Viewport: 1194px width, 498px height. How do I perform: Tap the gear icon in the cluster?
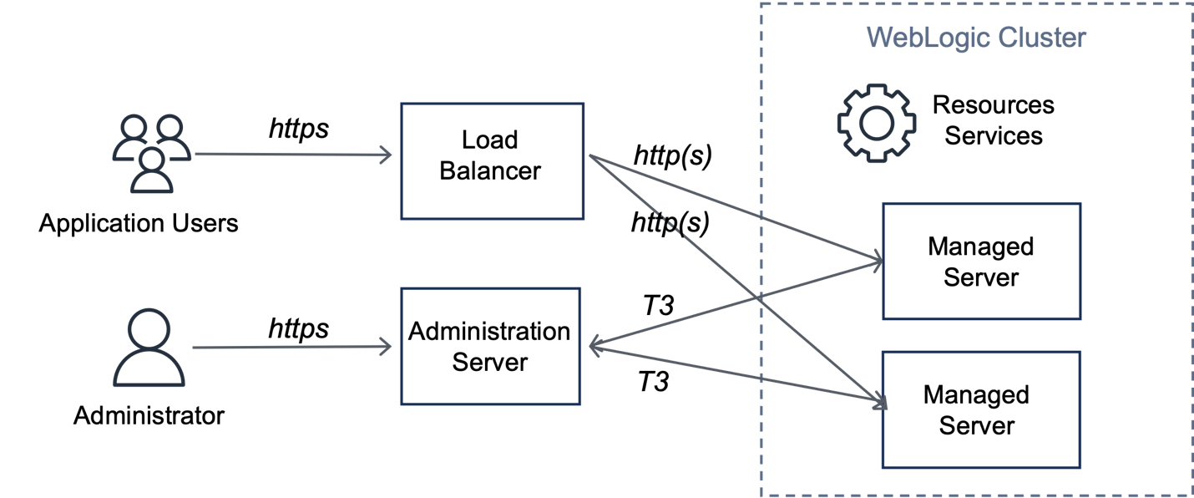(876, 123)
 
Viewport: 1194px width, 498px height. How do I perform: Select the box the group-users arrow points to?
(492, 161)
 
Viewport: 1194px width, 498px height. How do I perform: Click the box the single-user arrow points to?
(491, 346)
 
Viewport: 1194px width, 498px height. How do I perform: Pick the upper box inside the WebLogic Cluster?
(981, 261)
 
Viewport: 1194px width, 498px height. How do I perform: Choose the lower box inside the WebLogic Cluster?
(981, 409)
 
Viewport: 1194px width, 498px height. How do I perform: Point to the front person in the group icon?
(152, 170)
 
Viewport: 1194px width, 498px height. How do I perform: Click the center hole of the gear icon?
(876, 123)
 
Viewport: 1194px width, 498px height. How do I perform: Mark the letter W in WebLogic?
(877, 38)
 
